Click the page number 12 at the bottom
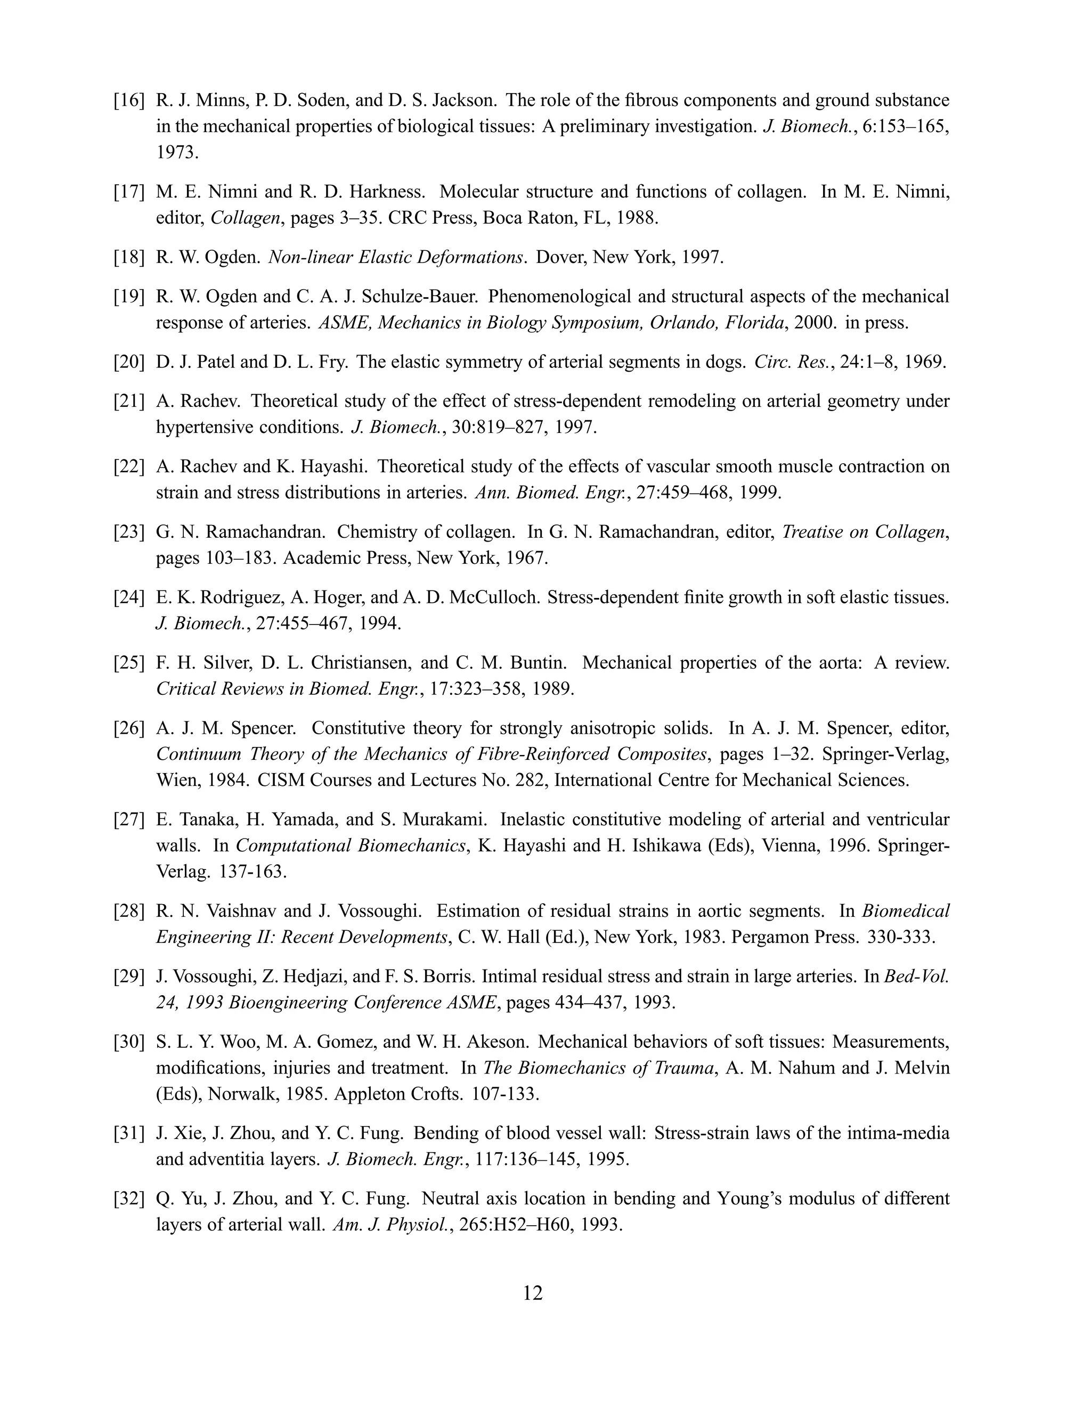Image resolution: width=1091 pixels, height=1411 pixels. [x=533, y=1293]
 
